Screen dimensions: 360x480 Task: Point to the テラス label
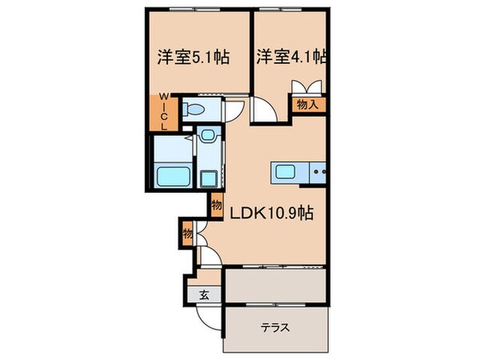coord(274,327)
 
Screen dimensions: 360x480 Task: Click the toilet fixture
coord(192,111)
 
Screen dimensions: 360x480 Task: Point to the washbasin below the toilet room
coord(208,137)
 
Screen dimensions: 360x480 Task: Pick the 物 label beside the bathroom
coord(217,206)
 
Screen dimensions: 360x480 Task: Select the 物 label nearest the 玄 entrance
coord(187,234)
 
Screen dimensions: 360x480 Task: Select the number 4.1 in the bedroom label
coord(306,58)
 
